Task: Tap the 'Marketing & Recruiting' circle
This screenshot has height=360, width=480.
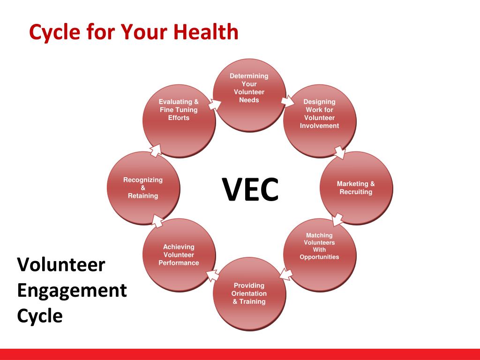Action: coord(356,187)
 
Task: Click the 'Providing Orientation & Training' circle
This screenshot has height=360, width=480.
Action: coord(249,294)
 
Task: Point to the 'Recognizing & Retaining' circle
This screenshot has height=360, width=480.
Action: coord(143,187)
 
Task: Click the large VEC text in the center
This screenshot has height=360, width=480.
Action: coord(250,189)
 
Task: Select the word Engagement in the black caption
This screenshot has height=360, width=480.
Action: coord(72,290)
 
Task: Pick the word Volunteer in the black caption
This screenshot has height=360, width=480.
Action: coord(61,265)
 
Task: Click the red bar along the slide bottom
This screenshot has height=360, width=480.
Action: coord(240,354)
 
